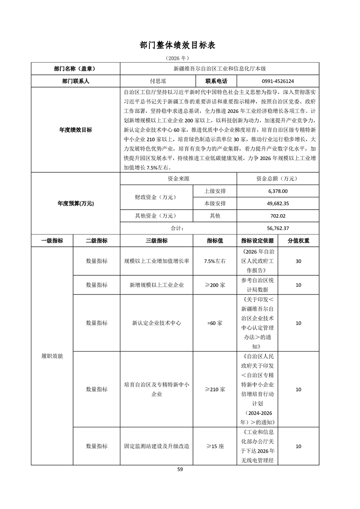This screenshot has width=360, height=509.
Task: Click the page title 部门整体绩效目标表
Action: click(180, 45)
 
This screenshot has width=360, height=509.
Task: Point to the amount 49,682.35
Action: click(278, 203)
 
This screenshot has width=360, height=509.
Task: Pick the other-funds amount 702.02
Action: click(277, 216)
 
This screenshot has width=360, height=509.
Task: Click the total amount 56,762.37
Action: click(278, 228)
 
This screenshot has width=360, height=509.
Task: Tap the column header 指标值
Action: click(215, 240)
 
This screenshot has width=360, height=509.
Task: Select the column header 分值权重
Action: click(298, 240)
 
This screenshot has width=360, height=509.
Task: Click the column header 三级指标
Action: click(157, 240)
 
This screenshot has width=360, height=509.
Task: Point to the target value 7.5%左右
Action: click(215, 261)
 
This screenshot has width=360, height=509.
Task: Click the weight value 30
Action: click(298, 261)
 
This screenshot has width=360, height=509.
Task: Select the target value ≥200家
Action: click(215, 285)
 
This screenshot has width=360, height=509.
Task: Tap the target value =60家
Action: click(215, 323)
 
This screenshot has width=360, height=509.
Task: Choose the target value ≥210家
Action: click(215, 389)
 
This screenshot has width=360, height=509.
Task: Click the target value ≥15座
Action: click(215, 446)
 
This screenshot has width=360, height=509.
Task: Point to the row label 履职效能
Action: click(52, 356)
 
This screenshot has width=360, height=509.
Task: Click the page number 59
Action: click(180, 470)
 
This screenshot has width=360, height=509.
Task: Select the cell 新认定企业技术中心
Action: click(157, 323)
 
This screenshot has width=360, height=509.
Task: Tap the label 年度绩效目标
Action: click(75, 130)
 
